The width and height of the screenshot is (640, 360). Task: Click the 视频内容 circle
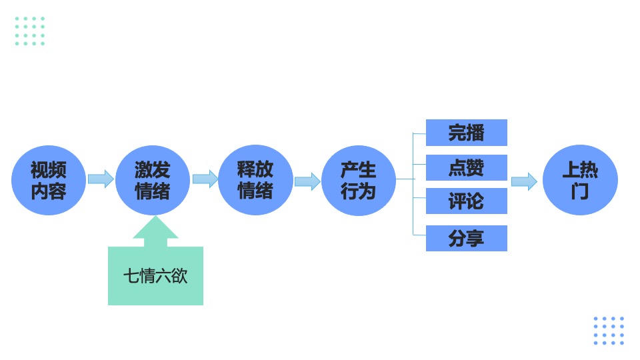tap(49, 180)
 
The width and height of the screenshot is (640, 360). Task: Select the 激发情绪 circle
tap(152, 180)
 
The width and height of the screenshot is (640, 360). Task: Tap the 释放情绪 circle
tap(255, 180)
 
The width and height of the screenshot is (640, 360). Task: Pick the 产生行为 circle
tap(359, 180)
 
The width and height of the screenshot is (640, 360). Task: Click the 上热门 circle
tap(580, 180)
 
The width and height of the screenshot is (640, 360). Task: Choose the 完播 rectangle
tap(466, 133)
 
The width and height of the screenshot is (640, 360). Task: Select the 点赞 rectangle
tap(466, 168)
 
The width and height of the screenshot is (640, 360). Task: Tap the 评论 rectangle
tap(466, 201)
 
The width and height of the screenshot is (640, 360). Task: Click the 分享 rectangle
tap(466, 238)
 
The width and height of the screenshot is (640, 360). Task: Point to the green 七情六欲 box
tap(155, 276)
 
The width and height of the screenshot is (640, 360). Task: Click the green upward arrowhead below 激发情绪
tap(155, 229)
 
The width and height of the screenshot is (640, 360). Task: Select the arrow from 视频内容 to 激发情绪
tap(101, 179)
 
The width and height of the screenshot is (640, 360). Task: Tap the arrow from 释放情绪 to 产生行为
tap(307, 181)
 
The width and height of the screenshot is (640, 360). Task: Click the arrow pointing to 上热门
tap(524, 181)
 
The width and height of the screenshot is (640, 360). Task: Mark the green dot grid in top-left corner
tap(29, 31)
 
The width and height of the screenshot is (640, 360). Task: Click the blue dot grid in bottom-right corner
tap(609, 331)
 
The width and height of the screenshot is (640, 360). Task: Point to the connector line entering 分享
tap(419, 235)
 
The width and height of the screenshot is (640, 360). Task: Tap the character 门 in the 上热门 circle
tap(580, 192)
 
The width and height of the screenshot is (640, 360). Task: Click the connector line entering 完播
tap(419, 133)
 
